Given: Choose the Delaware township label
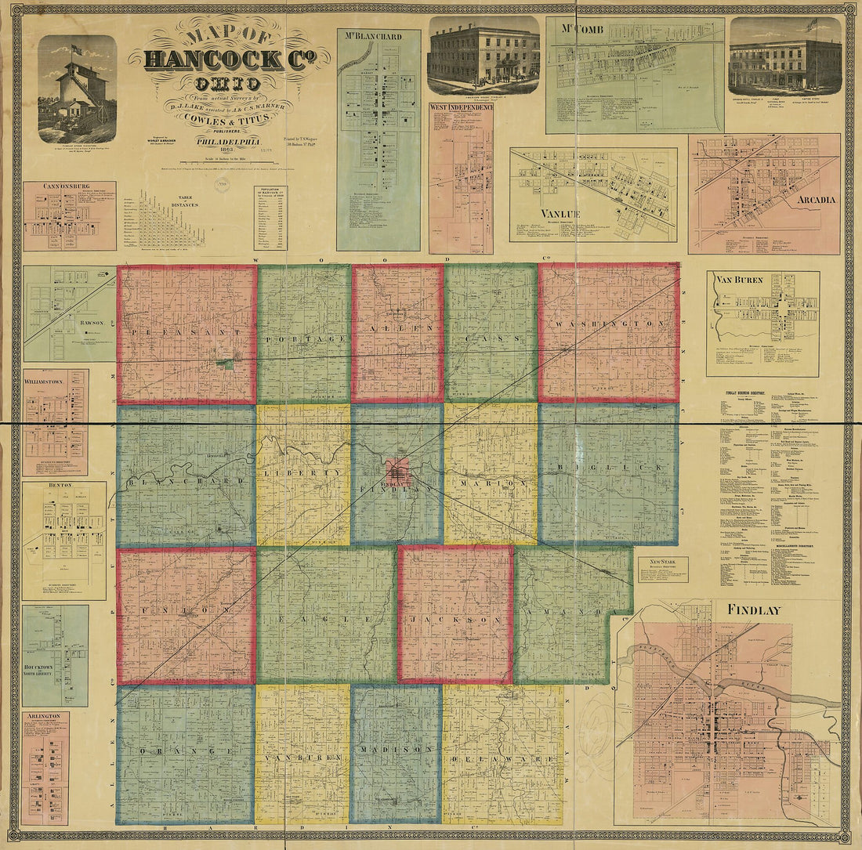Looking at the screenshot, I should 502,758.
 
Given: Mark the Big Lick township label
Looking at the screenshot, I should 607,468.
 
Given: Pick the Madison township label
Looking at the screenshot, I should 397,749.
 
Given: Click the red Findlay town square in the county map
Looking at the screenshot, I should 397,472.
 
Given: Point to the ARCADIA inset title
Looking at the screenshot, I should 817,199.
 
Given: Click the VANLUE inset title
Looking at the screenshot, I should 560,213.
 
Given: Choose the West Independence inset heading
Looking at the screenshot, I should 461,107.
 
